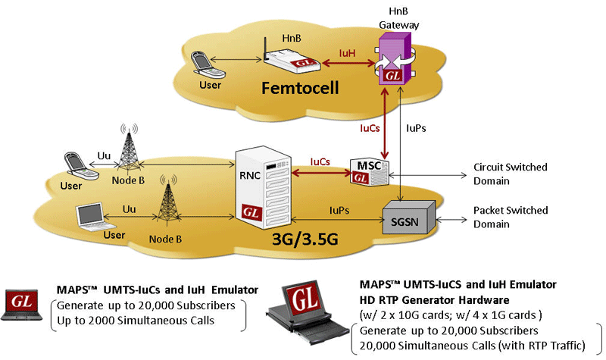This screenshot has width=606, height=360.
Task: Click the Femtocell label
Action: point(301,87)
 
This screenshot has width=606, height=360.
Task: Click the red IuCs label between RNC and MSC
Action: point(321,161)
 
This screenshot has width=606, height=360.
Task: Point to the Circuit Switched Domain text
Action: point(499,173)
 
